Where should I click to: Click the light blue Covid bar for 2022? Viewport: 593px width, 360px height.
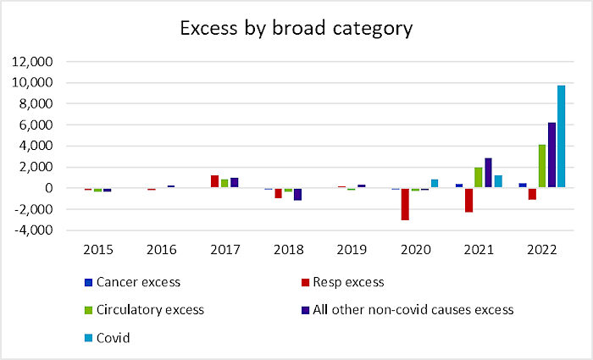pyautogui.click(x=561, y=136)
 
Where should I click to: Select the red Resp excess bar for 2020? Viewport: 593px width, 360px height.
pyautogui.click(x=405, y=204)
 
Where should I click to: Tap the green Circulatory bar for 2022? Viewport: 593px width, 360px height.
pyautogui.click(x=542, y=166)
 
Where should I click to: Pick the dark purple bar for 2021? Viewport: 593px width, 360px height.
pyautogui.click(x=488, y=173)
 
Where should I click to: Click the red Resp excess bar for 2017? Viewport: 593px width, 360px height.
pyautogui.click(x=215, y=181)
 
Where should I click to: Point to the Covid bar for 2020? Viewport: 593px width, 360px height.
pyautogui.click(x=435, y=184)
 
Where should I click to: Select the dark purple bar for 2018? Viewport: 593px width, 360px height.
pyautogui.click(x=297, y=194)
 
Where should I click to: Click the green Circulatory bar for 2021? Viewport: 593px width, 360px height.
pyautogui.click(x=479, y=177)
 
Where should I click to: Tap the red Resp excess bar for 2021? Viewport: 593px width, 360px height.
pyautogui.click(x=468, y=200)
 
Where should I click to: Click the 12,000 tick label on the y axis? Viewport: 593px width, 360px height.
pyautogui.click(x=32, y=61)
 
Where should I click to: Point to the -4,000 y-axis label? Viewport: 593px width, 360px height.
pyautogui.click(x=33, y=230)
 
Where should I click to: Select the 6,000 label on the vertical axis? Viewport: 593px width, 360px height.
pyautogui.click(x=36, y=125)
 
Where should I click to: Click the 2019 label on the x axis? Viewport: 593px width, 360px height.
pyautogui.click(x=352, y=250)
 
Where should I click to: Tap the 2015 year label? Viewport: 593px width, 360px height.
pyautogui.click(x=98, y=250)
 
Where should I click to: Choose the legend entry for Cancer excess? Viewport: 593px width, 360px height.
pyautogui.click(x=132, y=282)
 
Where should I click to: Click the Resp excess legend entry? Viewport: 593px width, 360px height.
pyautogui.click(x=342, y=282)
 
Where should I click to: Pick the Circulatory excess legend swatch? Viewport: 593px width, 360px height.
pyautogui.click(x=88, y=310)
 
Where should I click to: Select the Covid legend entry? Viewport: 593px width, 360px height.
pyautogui.click(x=107, y=338)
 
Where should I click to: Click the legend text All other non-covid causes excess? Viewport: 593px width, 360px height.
pyautogui.click(x=413, y=310)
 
